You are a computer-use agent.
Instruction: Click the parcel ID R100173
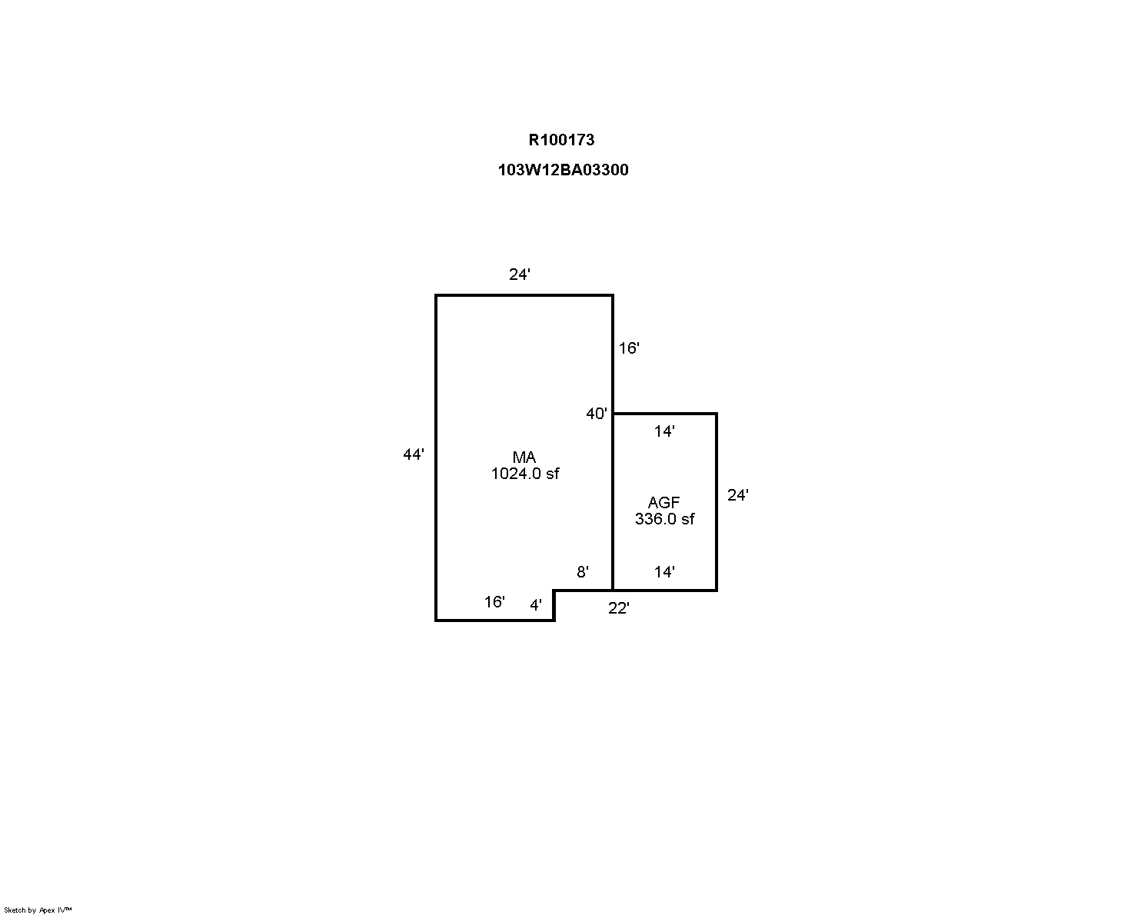(x=561, y=140)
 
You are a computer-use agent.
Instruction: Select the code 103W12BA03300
(x=563, y=170)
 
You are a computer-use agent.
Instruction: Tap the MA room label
(x=524, y=457)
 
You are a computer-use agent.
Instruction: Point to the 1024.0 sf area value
(x=524, y=474)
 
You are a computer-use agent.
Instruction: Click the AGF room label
(x=663, y=502)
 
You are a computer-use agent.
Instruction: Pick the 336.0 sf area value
(x=664, y=519)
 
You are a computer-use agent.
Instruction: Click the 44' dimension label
(x=414, y=454)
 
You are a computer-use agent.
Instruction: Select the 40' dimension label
(x=597, y=414)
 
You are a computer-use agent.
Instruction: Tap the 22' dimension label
(x=619, y=608)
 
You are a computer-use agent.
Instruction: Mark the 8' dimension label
(x=583, y=572)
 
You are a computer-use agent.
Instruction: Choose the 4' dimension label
(x=536, y=605)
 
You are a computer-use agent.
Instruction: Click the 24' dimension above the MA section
(x=520, y=274)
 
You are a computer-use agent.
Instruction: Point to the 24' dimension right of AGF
(x=738, y=495)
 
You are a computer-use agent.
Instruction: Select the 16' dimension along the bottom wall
(x=494, y=602)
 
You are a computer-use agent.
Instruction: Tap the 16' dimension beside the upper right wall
(x=629, y=348)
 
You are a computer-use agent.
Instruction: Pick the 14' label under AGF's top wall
(x=664, y=431)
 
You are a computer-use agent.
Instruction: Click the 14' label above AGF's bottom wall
(x=664, y=572)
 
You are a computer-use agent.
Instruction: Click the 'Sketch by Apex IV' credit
(x=38, y=910)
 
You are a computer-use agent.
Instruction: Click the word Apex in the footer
(x=47, y=910)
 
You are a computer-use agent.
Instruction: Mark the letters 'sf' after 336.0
(x=687, y=519)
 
